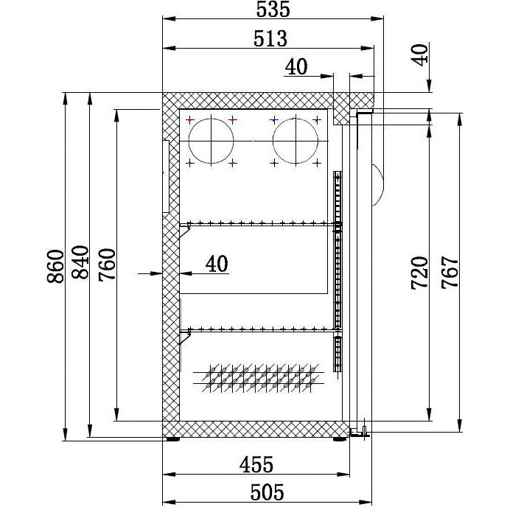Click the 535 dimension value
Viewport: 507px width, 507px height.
(273, 9)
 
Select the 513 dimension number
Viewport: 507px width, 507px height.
(270, 39)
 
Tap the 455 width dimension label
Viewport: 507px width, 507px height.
(256, 465)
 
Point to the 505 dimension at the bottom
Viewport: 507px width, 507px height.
(267, 492)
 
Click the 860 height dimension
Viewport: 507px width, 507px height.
(55, 266)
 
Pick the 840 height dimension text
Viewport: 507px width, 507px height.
(80, 262)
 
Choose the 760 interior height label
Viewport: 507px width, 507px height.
(107, 265)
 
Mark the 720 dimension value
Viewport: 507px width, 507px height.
(419, 273)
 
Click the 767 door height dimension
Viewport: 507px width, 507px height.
(450, 272)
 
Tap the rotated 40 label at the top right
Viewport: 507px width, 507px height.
(420, 55)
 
